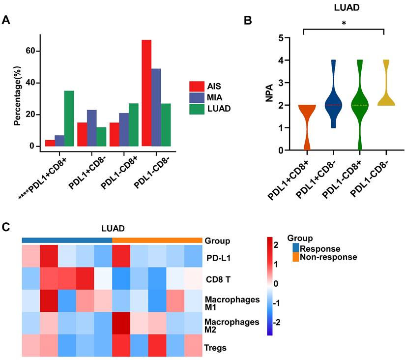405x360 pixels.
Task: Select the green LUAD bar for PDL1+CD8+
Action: (x=69, y=119)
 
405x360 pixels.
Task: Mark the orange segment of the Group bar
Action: (x=157, y=240)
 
